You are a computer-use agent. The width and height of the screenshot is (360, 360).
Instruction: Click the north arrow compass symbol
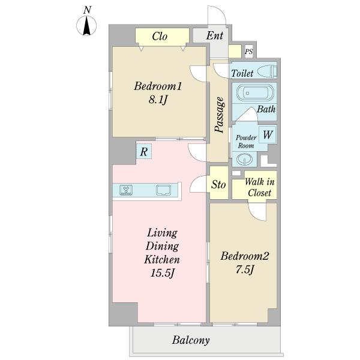point(86,25)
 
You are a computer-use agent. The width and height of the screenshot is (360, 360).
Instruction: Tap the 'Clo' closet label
point(160,36)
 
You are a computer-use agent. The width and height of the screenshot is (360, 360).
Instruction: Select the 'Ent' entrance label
point(215,35)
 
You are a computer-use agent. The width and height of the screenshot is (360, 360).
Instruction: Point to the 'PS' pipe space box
point(248,52)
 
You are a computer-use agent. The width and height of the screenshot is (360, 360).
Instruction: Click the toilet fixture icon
point(267,71)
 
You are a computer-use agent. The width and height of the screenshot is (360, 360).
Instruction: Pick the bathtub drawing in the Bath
point(255,93)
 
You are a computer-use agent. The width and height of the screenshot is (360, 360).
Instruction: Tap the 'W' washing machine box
point(268,134)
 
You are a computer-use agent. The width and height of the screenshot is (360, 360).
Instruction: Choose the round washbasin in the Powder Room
point(244,159)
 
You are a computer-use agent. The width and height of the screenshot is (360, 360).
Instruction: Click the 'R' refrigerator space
point(144,151)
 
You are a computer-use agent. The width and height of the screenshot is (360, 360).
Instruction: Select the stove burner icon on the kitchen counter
point(126,190)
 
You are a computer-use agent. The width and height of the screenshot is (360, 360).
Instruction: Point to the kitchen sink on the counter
point(163,190)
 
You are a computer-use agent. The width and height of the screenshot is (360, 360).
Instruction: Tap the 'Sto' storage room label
point(218,184)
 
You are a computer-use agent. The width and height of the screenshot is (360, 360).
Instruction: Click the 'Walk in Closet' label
point(259,187)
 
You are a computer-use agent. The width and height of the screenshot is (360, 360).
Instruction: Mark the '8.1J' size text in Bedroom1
point(158,100)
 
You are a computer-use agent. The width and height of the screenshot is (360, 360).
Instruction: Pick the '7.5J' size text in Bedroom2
point(245,269)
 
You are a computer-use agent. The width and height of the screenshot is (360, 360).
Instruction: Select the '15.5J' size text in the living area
point(163,273)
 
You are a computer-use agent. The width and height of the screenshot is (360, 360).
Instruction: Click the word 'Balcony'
point(191,340)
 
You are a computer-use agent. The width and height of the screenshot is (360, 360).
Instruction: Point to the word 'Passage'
point(220,115)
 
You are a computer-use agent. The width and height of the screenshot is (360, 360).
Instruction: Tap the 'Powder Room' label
point(246,142)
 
